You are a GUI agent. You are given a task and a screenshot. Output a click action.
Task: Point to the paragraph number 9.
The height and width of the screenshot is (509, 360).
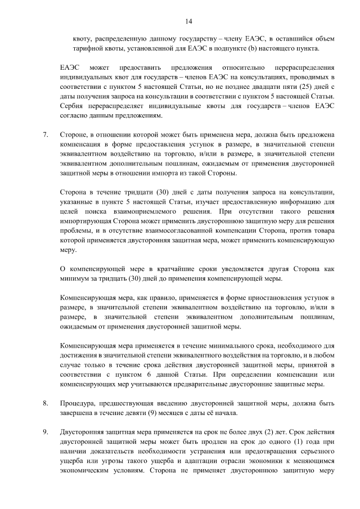click(45, 431)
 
